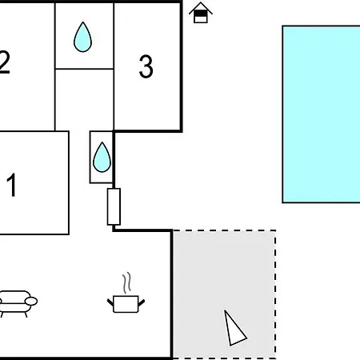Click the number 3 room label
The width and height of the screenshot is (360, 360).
point(146,66)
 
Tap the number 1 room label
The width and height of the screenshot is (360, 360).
point(11,185)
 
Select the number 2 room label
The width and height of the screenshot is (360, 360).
point(5,62)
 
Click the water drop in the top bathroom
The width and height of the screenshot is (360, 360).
point(82,37)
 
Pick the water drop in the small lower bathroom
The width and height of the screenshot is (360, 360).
point(102,158)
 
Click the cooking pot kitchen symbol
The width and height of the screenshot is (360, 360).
point(126,304)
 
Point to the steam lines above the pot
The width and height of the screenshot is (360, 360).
point(127,282)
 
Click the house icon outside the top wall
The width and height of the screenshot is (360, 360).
point(201,13)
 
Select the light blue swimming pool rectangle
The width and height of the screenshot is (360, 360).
point(322,114)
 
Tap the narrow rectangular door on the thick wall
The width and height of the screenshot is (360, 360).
point(114,206)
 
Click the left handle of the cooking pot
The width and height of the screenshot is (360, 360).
point(110,302)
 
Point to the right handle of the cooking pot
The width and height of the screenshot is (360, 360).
point(142,302)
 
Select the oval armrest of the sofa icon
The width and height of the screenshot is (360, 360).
point(31,302)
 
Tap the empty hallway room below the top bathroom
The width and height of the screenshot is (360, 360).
point(84,100)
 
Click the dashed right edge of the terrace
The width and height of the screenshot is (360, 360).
point(275,294)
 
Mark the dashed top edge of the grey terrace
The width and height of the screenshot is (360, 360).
point(224,230)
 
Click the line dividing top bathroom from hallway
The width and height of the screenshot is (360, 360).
point(84,69)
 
